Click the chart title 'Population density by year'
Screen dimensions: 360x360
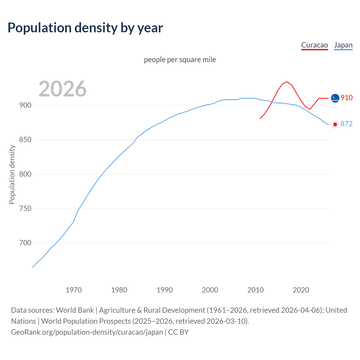tap(85, 28)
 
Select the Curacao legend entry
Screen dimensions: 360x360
tap(314, 45)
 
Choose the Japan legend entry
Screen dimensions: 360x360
tap(343, 45)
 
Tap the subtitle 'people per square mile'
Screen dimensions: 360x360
tap(180, 60)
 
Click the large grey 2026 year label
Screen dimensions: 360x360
tap(62, 89)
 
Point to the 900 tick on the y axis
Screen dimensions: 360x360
tap(25, 105)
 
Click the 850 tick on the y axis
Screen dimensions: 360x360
tap(25, 140)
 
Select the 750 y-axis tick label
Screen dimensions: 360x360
tap(25, 209)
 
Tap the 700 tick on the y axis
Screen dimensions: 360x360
tap(25, 243)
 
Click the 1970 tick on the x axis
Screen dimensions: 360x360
tap(74, 290)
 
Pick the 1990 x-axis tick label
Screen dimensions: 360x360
tap(165, 290)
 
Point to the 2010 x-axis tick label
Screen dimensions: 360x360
tap(255, 290)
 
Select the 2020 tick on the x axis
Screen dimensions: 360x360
tap(301, 290)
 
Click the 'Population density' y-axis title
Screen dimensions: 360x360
tap(12, 174)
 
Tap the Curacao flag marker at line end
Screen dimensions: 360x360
tap(335, 98)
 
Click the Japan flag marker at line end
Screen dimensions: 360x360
tap(335, 124)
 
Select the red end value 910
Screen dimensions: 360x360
tap(346, 98)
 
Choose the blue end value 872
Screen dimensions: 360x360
tap(346, 124)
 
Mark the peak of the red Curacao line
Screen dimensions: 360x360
tap(287, 82)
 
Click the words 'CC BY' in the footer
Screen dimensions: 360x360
tap(178, 332)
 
